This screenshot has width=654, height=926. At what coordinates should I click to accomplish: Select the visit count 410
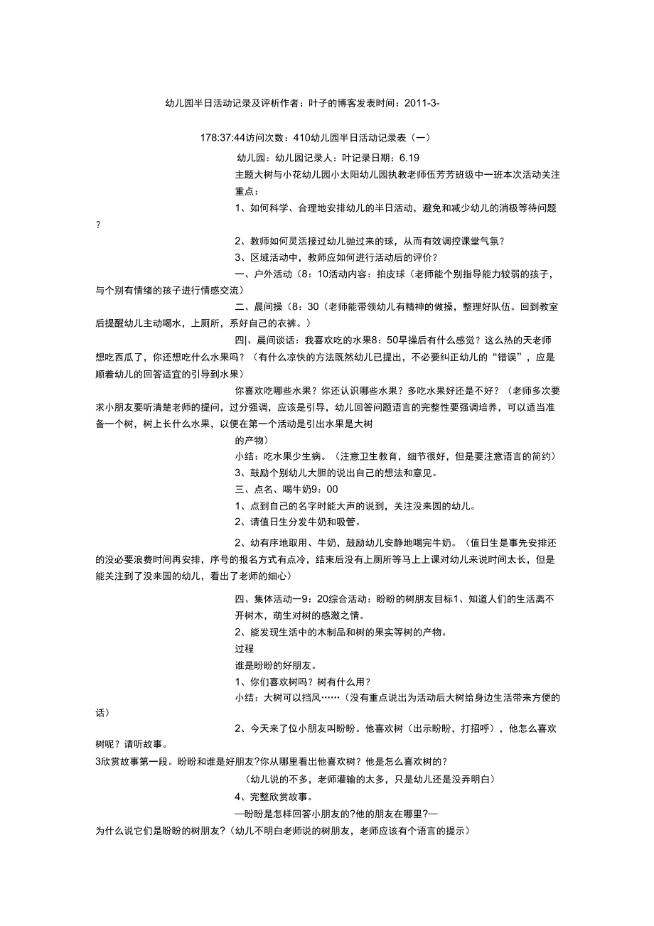pos(302,139)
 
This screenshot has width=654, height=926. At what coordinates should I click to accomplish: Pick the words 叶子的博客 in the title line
pos(334,103)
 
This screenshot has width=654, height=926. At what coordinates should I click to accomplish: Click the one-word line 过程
pos(243,648)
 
